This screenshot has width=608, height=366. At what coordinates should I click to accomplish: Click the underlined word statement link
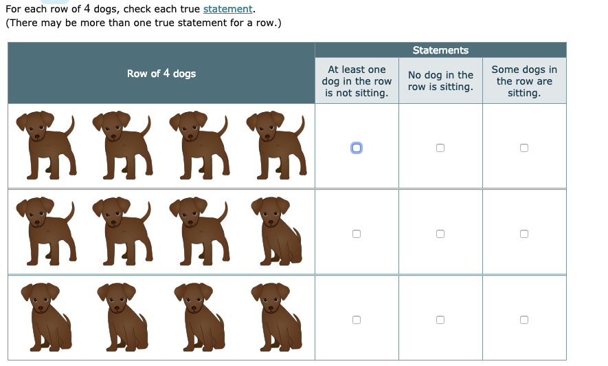click(228, 10)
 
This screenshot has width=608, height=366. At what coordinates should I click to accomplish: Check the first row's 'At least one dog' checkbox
click(356, 147)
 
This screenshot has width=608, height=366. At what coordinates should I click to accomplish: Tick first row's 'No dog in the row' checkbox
click(440, 148)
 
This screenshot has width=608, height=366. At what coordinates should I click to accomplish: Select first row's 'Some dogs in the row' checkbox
click(524, 148)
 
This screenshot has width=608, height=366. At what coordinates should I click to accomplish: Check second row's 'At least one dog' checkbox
click(356, 234)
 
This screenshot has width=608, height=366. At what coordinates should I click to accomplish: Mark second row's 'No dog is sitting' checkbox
click(440, 234)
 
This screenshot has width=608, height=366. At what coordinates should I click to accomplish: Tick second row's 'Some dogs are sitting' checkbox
click(524, 234)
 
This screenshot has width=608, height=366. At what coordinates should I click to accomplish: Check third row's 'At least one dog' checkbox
click(356, 320)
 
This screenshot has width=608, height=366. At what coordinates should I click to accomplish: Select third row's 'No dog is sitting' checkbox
click(440, 320)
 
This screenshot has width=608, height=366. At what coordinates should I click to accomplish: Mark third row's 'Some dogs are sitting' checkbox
click(524, 320)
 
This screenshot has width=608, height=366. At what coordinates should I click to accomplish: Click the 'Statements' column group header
click(440, 50)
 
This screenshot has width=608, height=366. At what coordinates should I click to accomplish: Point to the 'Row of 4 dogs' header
click(161, 74)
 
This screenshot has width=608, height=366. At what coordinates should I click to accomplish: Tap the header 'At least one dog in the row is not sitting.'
click(357, 81)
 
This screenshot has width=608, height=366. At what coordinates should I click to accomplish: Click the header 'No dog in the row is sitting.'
click(440, 81)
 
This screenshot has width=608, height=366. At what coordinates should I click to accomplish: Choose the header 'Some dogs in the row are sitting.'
click(524, 81)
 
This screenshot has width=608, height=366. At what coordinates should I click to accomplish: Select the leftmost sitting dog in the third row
click(47, 316)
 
